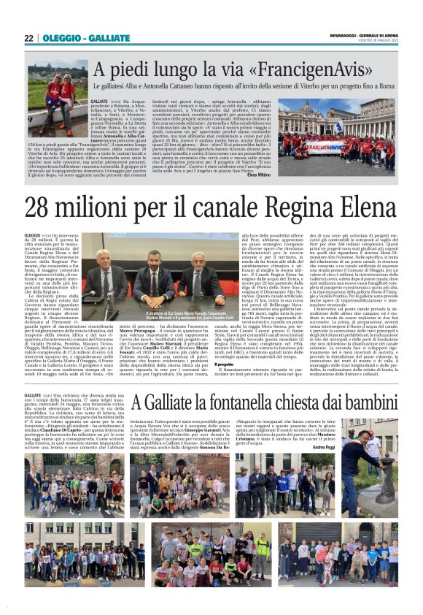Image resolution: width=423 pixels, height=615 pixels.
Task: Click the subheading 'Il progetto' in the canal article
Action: click(225, 364)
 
